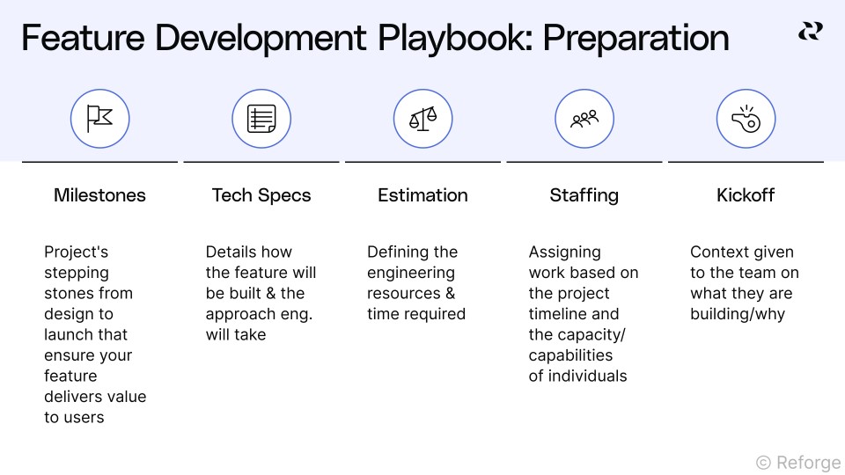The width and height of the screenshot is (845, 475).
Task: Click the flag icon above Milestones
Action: click(99, 118)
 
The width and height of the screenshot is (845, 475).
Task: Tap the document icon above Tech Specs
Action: click(261, 118)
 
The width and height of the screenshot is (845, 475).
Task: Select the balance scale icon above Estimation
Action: click(422, 118)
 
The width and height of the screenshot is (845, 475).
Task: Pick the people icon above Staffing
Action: click(584, 118)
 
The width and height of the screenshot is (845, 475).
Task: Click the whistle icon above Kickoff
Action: click(746, 118)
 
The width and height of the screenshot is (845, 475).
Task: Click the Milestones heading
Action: click(99, 195)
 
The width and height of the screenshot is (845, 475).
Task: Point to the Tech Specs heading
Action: click(261, 195)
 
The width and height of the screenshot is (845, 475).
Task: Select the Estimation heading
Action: click(422, 195)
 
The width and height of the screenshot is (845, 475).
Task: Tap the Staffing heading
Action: click(584, 195)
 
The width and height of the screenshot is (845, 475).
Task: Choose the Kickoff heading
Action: click(746, 195)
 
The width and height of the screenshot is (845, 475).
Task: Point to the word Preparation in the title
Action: click(636, 39)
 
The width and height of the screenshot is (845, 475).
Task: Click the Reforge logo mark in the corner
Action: click(810, 32)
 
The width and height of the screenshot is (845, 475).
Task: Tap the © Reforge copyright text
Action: click(797, 461)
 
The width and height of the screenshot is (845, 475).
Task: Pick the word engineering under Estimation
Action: click(411, 273)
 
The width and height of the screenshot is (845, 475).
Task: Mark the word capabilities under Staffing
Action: click(570, 355)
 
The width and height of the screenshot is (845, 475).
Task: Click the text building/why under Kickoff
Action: click(737, 314)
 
